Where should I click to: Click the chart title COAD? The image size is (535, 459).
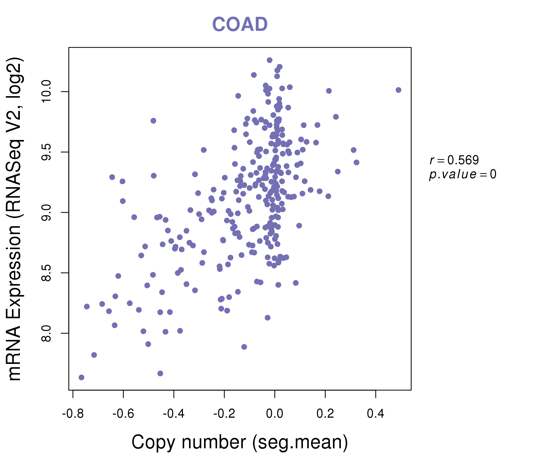click(240, 24)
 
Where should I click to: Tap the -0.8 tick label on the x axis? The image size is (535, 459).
click(73, 414)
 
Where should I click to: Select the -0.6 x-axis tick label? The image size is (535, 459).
click(123, 414)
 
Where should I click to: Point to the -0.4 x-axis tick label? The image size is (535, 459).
click(174, 414)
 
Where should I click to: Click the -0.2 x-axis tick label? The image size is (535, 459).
click(224, 414)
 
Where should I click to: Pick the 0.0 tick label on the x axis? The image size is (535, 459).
click(274, 414)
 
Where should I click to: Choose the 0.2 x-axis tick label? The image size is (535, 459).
click(325, 414)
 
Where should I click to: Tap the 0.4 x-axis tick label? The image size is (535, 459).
click(376, 414)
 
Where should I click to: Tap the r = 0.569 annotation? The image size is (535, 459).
click(454, 160)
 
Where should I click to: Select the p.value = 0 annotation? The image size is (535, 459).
click(462, 174)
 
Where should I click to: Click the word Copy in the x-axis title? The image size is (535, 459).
click(154, 442)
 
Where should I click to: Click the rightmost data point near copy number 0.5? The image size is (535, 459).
click(398, 90)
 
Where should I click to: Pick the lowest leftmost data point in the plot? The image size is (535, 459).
click(81, 378)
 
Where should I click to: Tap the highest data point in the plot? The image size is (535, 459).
click(270, 60)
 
